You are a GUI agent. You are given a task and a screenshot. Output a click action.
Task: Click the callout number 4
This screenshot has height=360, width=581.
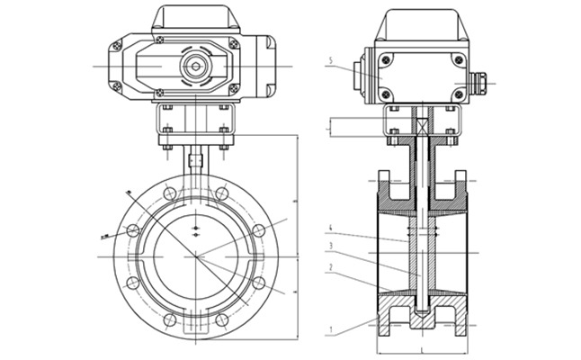click(331, 227)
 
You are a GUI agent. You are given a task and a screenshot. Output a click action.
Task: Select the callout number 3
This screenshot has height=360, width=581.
click(331, 246)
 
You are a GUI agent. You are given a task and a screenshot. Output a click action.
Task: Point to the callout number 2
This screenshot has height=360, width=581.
click(331, 267)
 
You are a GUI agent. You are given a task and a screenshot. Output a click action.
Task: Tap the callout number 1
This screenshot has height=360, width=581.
click(331, 332)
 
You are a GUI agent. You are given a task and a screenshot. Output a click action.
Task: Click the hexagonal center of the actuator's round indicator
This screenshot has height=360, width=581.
click(194, 67)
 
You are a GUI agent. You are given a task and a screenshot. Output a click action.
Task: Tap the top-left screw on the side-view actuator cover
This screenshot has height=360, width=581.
click(387, 61)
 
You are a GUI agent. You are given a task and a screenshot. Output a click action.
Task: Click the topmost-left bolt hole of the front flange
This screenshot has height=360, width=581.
click(167, 191)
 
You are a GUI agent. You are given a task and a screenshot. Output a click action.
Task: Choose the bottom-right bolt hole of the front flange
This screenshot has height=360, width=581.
click(258, 283)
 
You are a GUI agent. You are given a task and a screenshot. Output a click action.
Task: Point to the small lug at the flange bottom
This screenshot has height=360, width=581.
click(195, 334)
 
